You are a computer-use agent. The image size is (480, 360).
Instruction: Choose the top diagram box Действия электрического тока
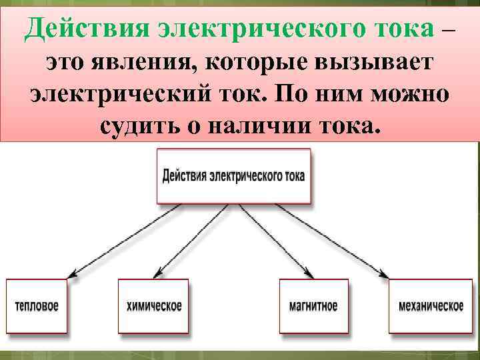coord(233,177)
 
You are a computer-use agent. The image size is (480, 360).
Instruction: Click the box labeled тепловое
coord(37,306)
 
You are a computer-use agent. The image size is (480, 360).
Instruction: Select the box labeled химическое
coord(153,306)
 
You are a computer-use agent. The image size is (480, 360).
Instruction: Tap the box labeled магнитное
coord(313,306)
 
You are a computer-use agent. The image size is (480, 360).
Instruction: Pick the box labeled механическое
coord(431,306)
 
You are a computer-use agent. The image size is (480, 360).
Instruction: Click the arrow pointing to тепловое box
coord(127,240)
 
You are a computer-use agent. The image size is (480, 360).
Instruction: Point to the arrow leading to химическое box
coord(193,240)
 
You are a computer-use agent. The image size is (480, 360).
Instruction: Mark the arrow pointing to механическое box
coord(333,240)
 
